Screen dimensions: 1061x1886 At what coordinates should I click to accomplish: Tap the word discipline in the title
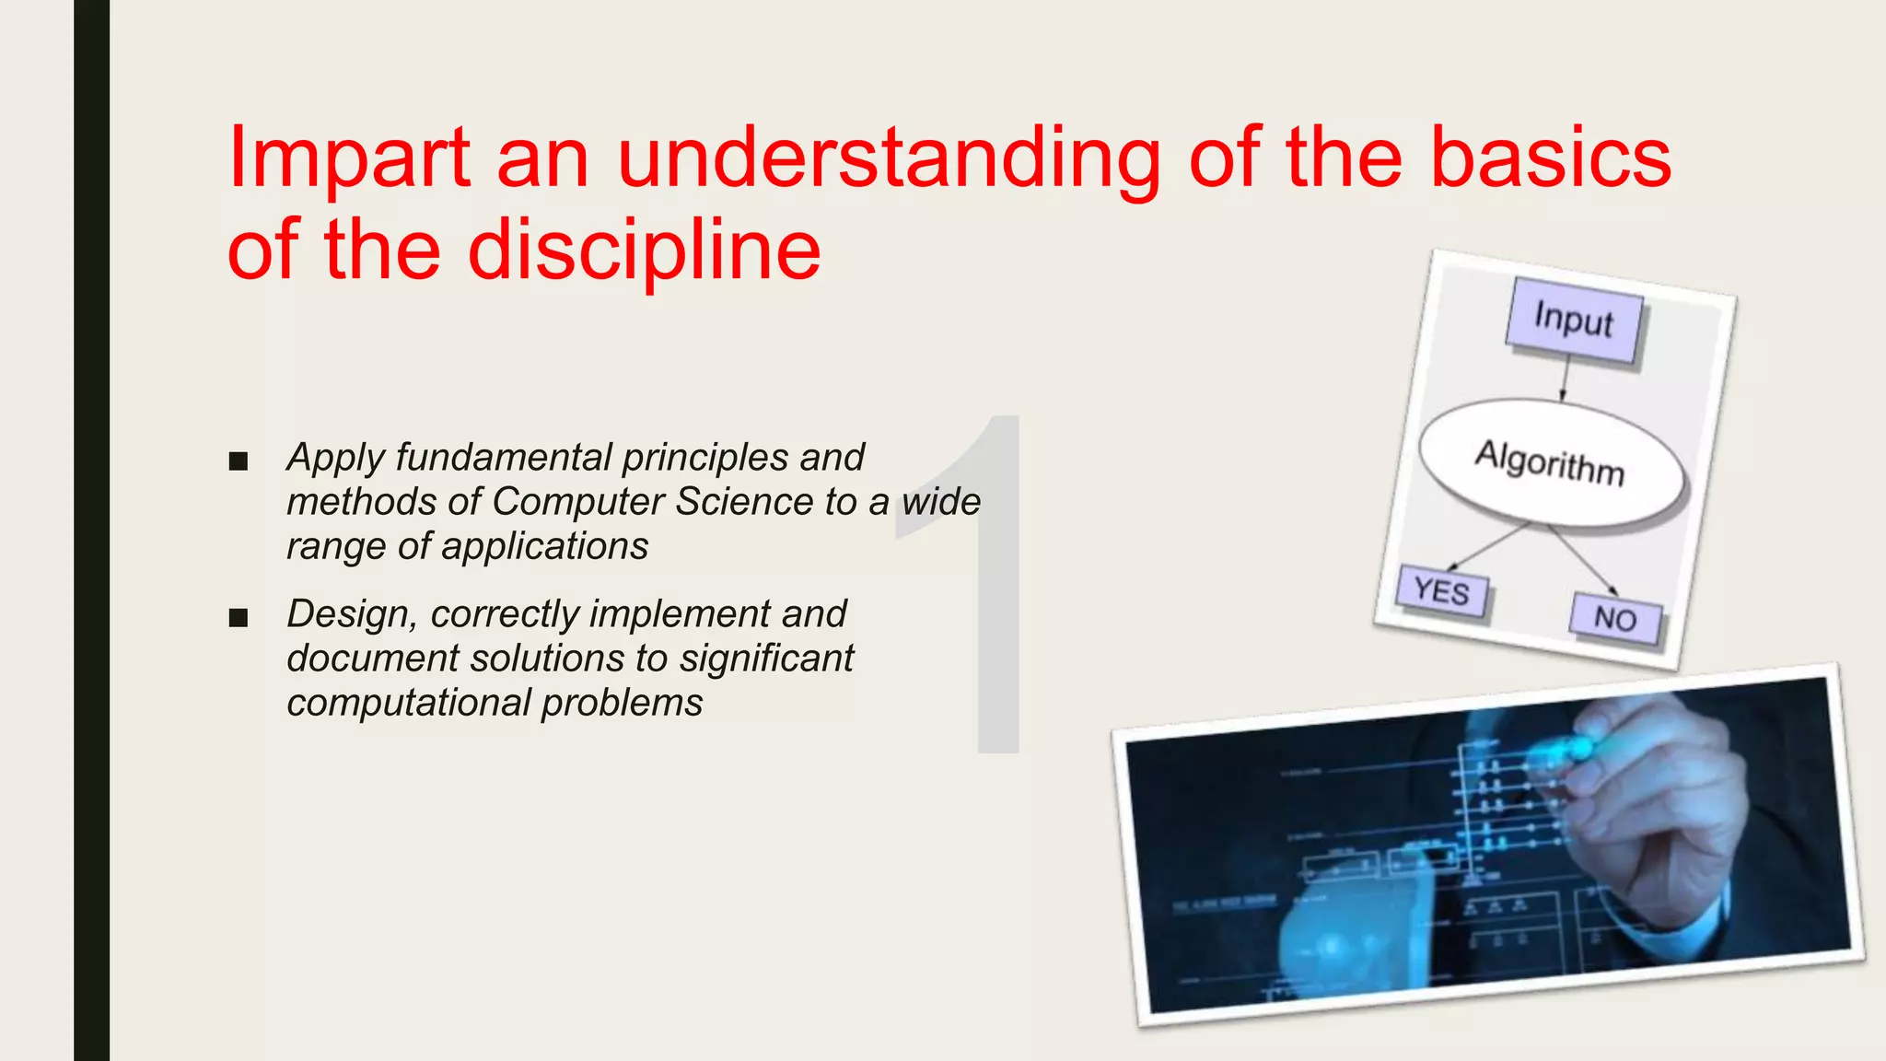point(644,251)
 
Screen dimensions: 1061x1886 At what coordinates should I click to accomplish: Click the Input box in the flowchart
point(1574,321)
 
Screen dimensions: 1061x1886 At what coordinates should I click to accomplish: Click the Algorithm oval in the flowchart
point(1552,462)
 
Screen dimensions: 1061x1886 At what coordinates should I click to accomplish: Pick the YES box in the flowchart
point(1441,591)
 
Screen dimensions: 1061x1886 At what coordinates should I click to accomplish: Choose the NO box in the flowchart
point(1615,619)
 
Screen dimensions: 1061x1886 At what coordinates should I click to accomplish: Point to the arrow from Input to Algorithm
point(1564,380)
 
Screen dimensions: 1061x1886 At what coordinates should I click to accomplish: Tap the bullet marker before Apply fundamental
point(239,461)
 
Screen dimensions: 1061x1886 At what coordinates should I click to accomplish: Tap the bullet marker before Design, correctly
point(239,618)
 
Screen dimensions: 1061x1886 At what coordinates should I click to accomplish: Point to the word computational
point(409,704)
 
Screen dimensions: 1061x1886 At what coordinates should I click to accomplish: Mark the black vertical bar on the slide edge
point(91,530)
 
